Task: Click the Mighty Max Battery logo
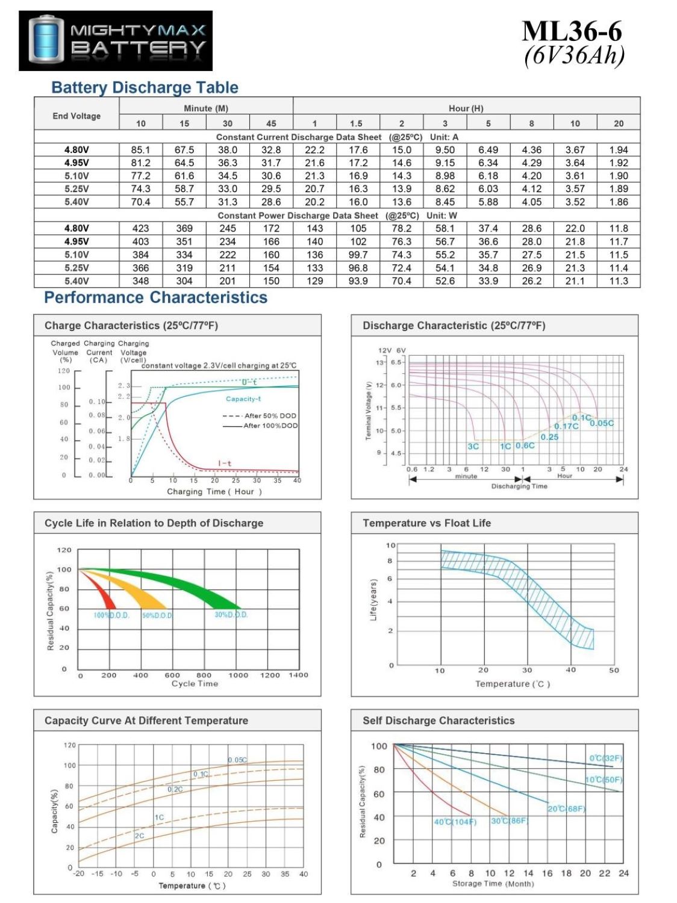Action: point(116,40)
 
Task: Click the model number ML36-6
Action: point(572,31)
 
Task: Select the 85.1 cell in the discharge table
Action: point(140,150)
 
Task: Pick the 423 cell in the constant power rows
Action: point(140,229)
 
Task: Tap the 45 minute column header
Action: point(271,123)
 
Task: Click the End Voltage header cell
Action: point(76,116)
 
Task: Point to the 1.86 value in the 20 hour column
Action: point(618,202)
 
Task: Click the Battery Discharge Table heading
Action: point(145,88)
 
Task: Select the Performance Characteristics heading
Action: point(155,297)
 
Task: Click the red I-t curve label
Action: point(225,463)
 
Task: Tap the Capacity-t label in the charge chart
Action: point(243,399)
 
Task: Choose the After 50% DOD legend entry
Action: point(260,416)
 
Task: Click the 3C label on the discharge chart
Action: point(473,446)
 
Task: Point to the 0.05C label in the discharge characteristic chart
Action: point(602,423)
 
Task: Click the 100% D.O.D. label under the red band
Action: point(111,615)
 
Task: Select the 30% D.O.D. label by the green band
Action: point(231,615)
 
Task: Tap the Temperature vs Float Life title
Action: point(426,523)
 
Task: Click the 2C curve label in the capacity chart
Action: point(139,836)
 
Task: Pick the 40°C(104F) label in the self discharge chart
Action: point(455,822)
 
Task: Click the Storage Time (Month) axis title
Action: point(493,884)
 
